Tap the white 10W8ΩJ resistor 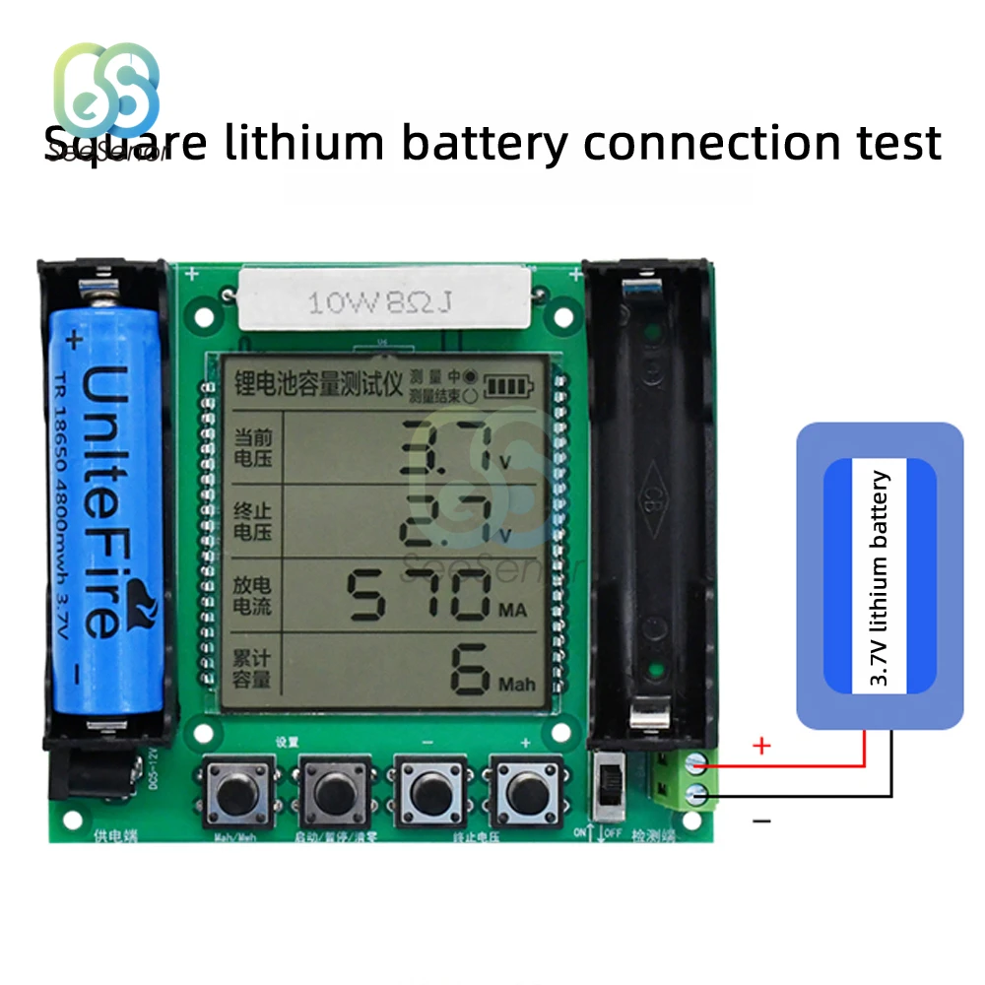pos(386,299)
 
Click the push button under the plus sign pos(524,791)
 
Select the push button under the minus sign pos(428,791)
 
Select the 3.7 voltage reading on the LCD pos(448,448)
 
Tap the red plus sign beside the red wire pos(760,747)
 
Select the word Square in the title pos(126,143)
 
